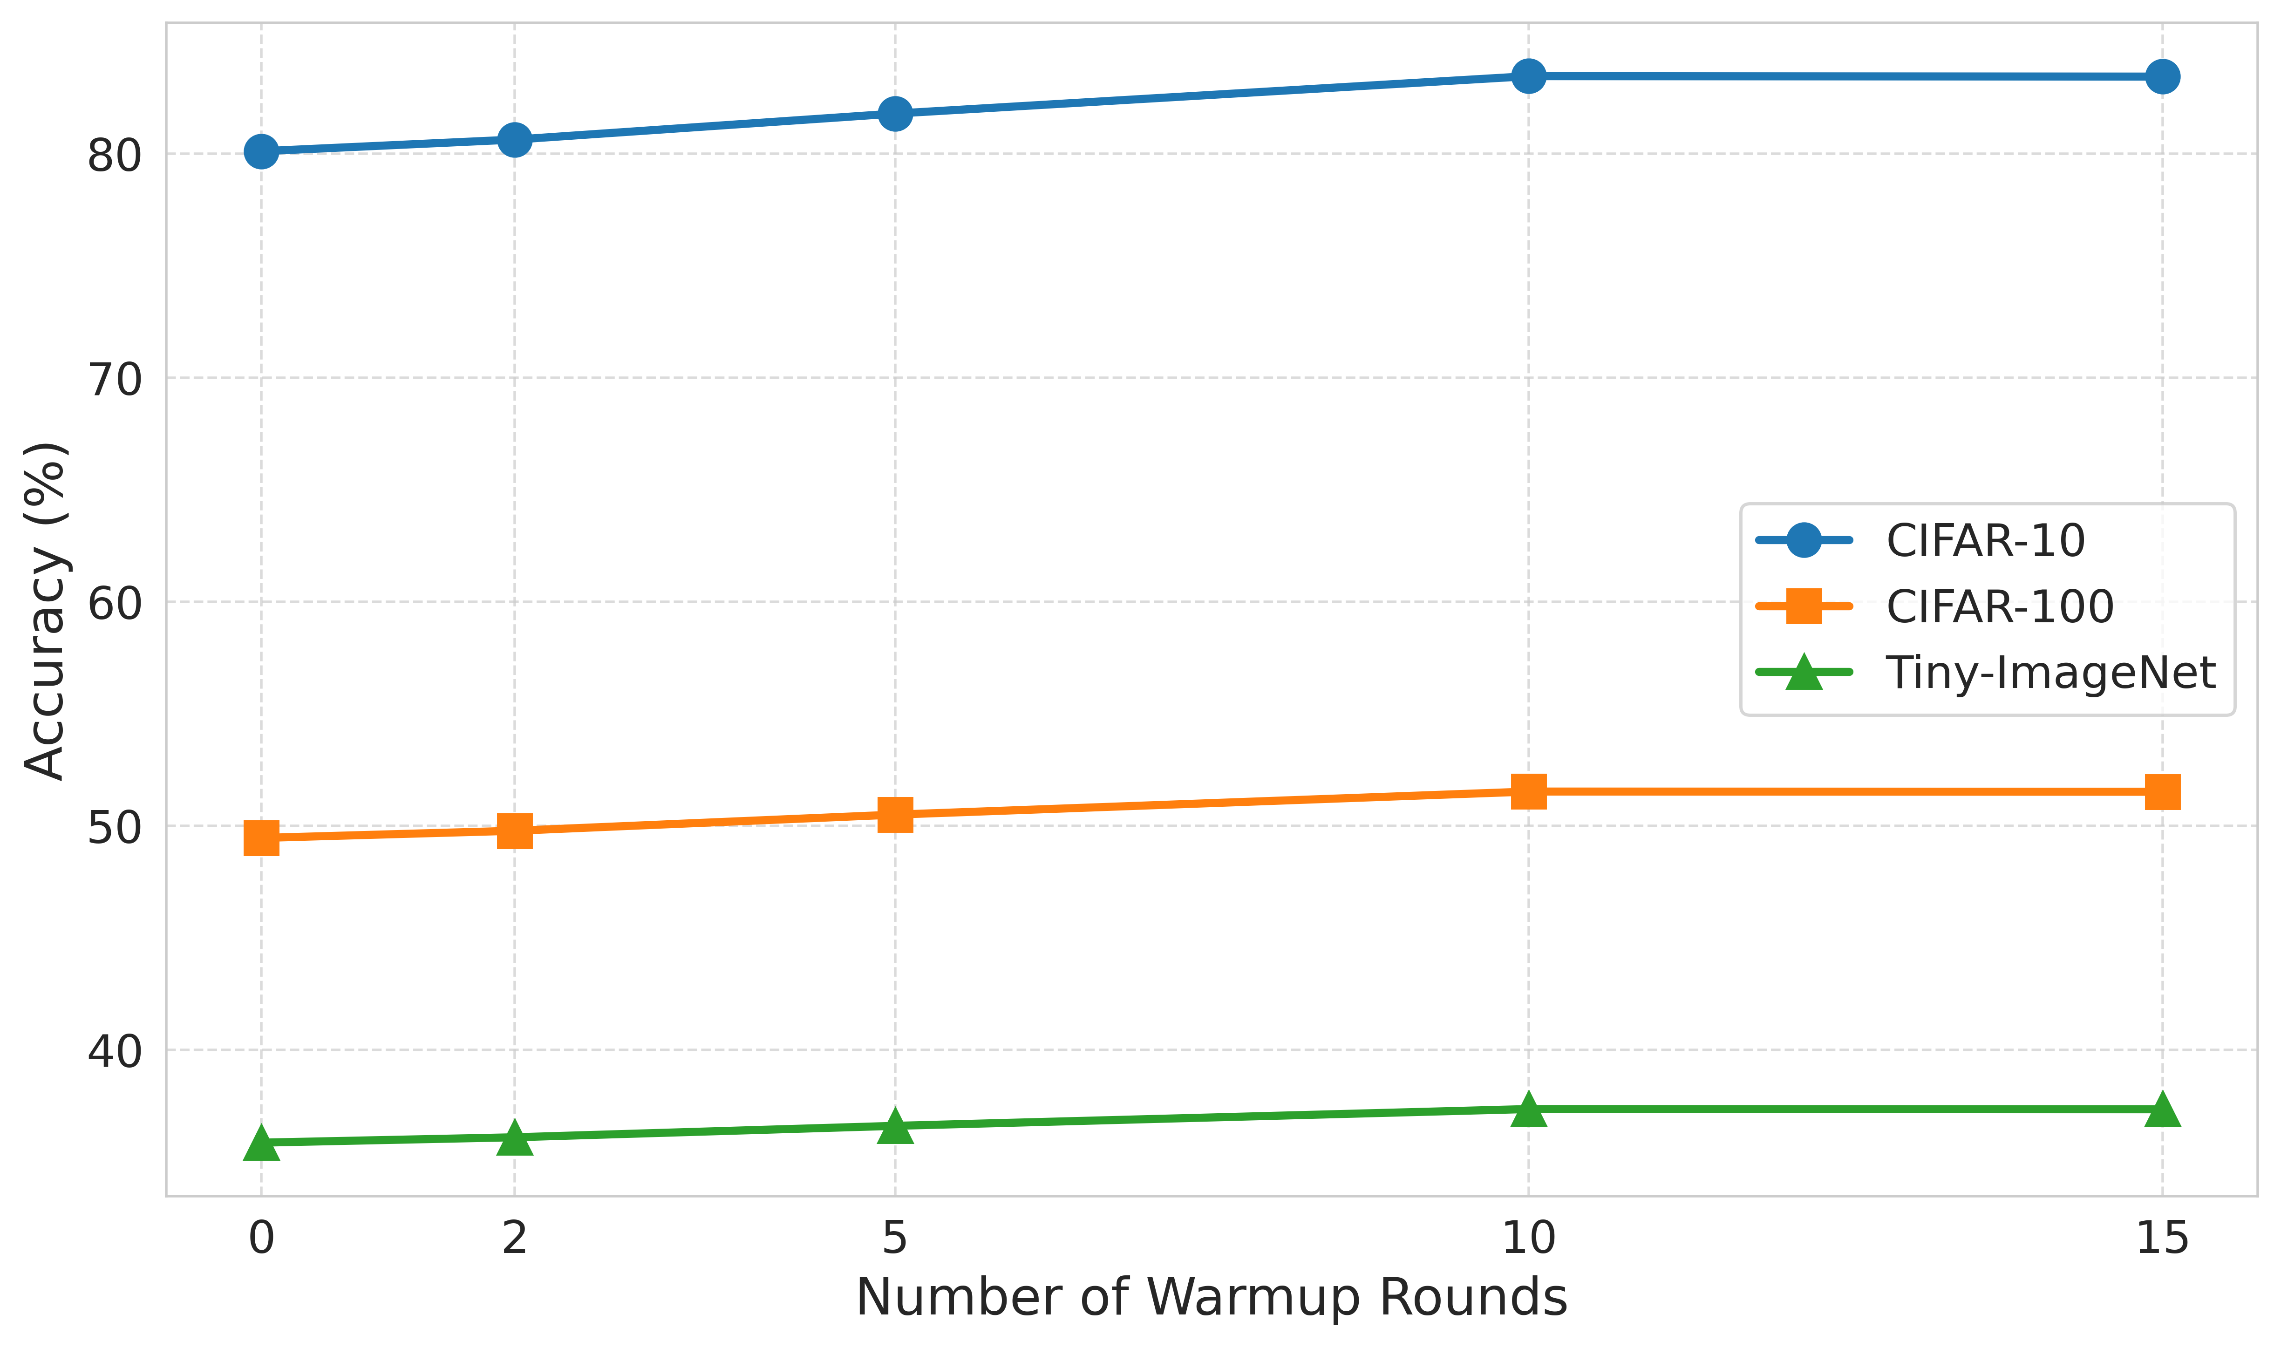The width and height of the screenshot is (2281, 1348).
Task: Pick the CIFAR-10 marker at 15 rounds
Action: (x=2162, y=76)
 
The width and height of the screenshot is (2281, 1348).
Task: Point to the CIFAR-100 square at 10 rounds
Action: (x=1529, y=791)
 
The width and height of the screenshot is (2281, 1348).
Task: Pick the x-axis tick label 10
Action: (x=1529, y=1238)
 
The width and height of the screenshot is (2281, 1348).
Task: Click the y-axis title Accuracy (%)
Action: (x=46, y=610)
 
